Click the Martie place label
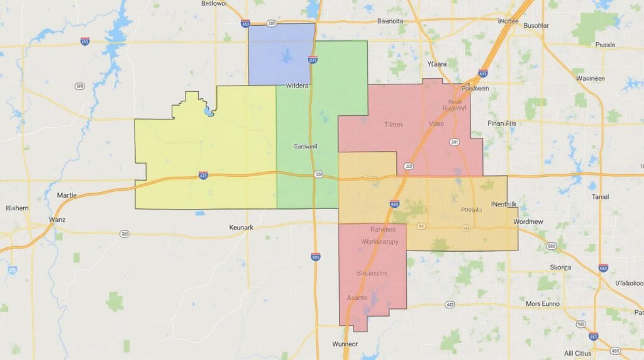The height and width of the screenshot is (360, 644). tap(67, 195)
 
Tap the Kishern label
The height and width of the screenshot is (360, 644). tap(17, 208)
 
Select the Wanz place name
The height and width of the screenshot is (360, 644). tap(57, 220)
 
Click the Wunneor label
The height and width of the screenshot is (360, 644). tap(345, 344)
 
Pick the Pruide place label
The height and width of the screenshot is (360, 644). tap(604, 45)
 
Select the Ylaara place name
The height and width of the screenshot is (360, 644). tap(436, 64)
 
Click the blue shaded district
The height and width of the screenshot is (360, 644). tap(281, 53)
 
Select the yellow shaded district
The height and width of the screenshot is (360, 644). tap(208, 151)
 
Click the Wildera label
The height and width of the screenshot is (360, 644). tap(297, 86)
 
